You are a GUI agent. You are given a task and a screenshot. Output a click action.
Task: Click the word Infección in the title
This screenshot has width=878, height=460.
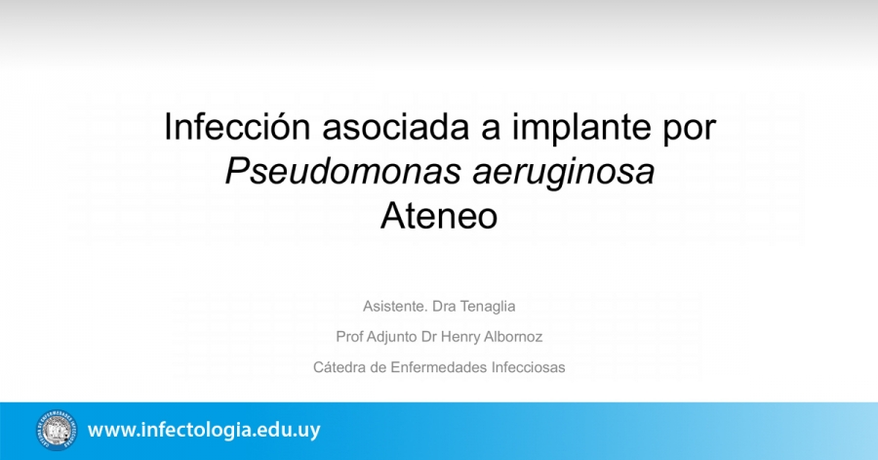coord(237,127)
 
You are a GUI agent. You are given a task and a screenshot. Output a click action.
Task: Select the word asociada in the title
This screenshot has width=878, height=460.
coord(395,127)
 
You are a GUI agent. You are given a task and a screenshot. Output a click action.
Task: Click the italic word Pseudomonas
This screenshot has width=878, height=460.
coord(342,172)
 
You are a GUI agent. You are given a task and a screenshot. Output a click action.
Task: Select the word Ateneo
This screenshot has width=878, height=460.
coord(439,216)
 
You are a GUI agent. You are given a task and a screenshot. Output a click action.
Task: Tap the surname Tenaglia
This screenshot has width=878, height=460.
coord(489,307)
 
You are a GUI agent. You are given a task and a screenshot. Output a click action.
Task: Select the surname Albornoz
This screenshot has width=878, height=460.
coord(513,337)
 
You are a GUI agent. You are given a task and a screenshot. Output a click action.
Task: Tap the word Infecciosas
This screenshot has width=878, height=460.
coord(528,367)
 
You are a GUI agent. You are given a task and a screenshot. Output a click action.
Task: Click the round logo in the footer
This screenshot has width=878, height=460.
coord(57,431)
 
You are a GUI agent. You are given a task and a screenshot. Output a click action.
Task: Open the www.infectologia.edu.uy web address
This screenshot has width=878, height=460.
coord(204,431)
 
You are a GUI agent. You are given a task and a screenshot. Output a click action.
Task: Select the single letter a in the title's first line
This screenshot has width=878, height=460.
coord(490,131)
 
